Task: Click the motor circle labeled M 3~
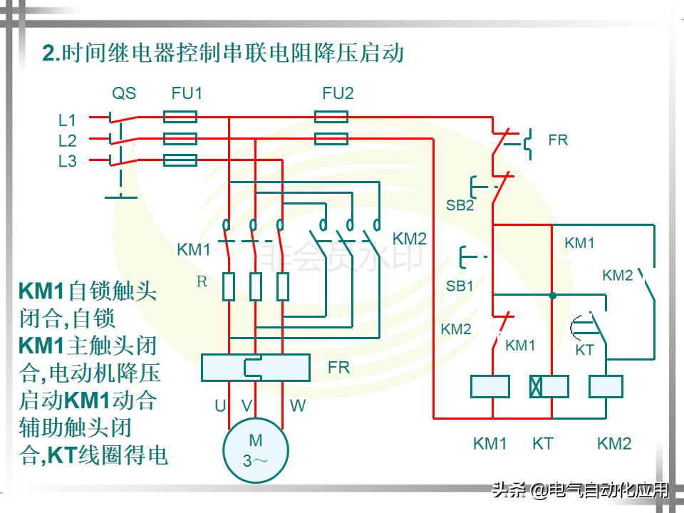tap(256, 450)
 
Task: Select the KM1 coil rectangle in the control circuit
tap(490, 386)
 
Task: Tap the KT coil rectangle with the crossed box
tap(548, 386)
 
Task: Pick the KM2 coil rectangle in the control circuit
tap(606, 386)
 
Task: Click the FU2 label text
tap(338, 93)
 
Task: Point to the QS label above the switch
tap(124, 93)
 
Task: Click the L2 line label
tap(67, 140)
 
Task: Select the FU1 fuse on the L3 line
tap(180, 160)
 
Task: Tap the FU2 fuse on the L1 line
tap(331, 116)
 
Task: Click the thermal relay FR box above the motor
tap(255, 368)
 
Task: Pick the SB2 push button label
tap(460, 205)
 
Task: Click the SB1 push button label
tap(460, 286)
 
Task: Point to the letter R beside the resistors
tap(202, 281)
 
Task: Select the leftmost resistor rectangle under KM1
tap(229, 286)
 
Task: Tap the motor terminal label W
tap(298, 406)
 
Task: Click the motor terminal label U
tap(220, 406)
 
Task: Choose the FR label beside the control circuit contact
tap(558, 140)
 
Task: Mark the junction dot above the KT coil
tap(552, 295)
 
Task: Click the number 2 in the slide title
tap(48, 54)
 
